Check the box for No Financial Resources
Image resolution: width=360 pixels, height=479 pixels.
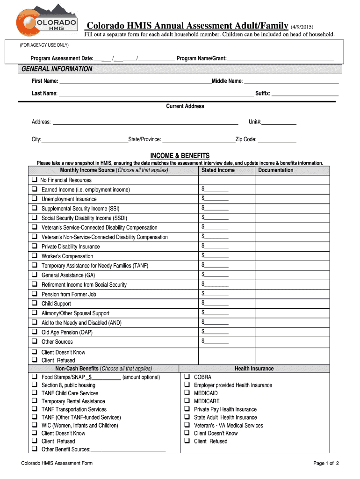[34, 180]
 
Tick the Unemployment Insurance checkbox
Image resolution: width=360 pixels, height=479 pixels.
[34, 199]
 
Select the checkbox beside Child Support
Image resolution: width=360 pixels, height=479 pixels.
[34, 304]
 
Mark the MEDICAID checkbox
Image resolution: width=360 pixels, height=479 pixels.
[187, 393]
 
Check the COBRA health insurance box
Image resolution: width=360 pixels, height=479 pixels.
[187, 377]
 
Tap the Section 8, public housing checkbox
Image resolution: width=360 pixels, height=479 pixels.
[34, 385]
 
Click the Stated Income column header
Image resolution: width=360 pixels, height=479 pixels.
[218, 170]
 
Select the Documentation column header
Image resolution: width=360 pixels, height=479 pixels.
[276, 170]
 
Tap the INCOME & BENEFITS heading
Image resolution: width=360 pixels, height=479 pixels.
[180, 156]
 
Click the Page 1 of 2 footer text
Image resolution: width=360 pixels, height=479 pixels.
[326, 463]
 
